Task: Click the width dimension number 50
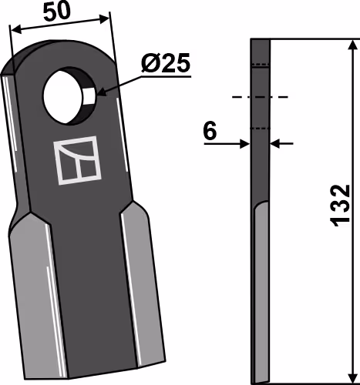pyautogui.click(x=56, y=12)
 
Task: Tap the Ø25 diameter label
pyautogui.click(x=166, y=63)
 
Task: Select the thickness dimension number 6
pyautogui.click(x=210, y=131)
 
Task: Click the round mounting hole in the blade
pyautogui.click(x=69, y=97)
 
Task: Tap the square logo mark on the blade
pyautogui.click(x=77, y=160)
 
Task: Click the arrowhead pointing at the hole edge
pyautogui.click(x=101, y=92)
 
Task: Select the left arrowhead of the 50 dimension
pyautogui.click(x=16, y=30)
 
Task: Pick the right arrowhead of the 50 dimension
pyautogui.click(x=105, y=19)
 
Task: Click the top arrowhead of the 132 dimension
pyautogui.click(x=354, y=45)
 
